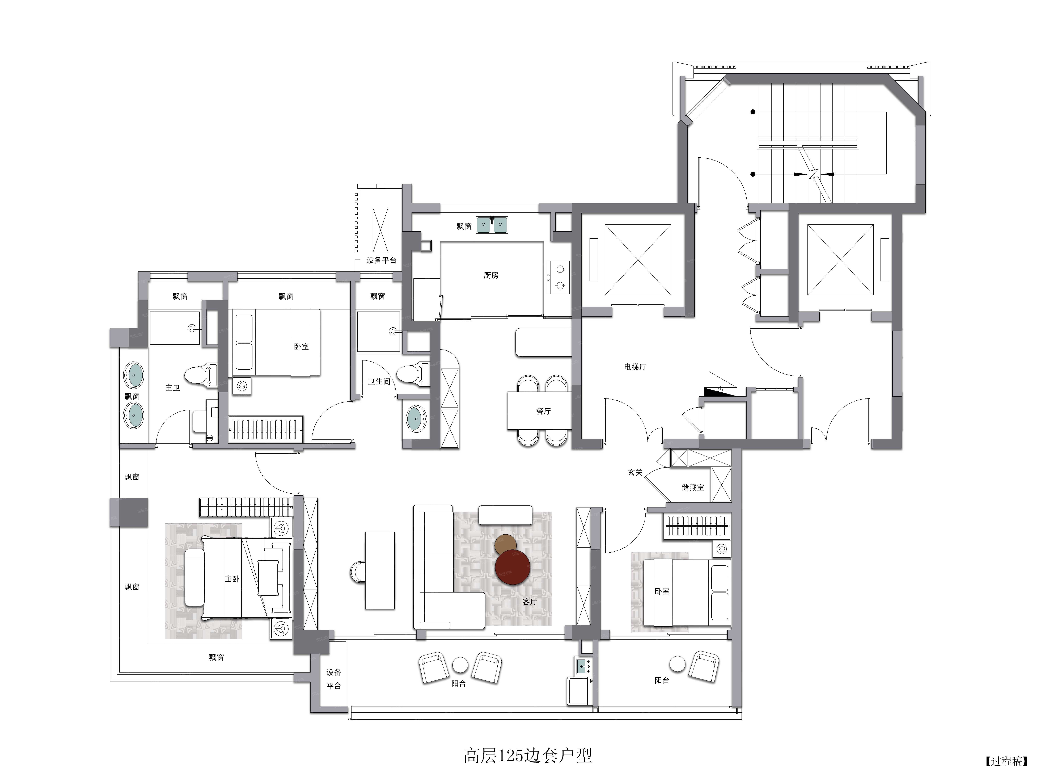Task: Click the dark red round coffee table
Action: point(513,567)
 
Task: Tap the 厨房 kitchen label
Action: point(491,275)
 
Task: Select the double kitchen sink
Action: point(492,225)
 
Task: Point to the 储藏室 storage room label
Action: point(693,487)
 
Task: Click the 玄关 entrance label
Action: point(635,472)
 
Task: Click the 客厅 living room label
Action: point(530,602)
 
